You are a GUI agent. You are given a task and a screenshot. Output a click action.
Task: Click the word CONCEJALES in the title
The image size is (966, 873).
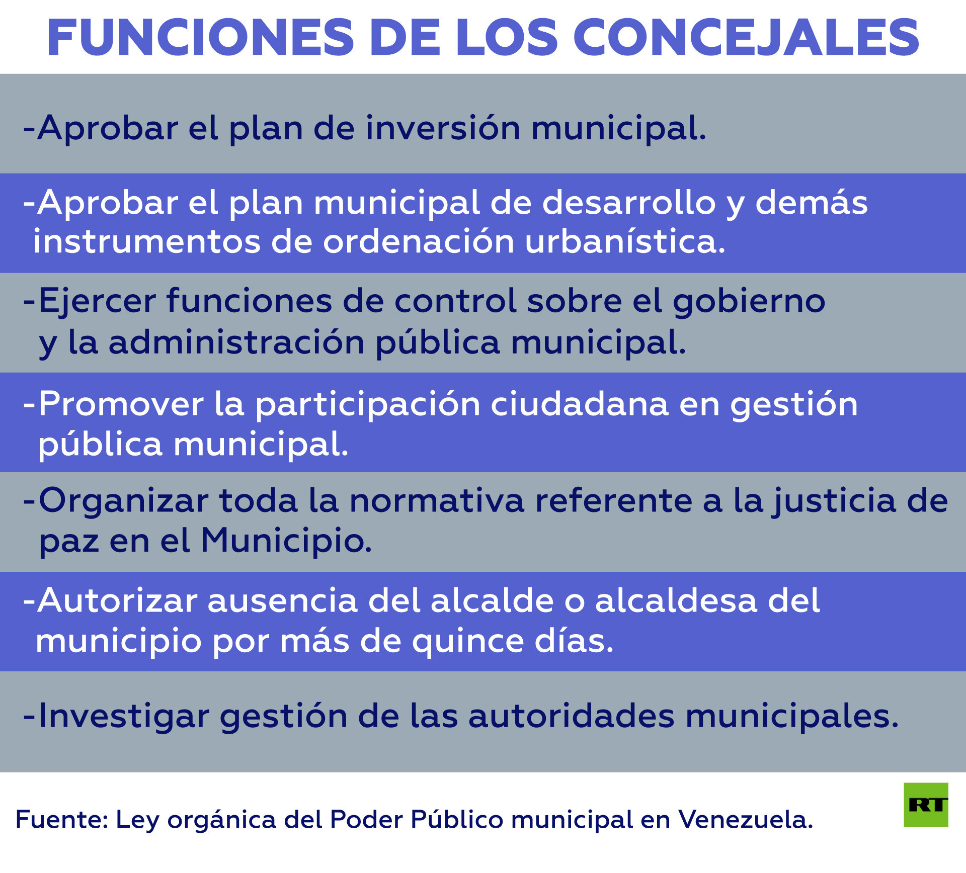(747, 38)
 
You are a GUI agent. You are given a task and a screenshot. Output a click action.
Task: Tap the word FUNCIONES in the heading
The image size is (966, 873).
(201, 38)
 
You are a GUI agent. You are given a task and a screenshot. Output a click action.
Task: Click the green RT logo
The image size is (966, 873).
(926, 805)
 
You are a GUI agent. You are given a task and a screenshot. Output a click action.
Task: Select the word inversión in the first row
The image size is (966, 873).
(443, 128)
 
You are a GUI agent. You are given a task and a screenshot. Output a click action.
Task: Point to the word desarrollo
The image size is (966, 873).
(629, 203)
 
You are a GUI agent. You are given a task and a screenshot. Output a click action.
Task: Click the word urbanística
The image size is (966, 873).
(625, 242)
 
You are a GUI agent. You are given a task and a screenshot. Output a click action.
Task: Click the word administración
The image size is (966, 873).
(236, 342)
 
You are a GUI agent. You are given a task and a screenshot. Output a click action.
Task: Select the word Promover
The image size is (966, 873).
(121, 404)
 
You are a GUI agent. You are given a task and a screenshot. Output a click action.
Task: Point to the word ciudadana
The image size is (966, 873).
(580, 404)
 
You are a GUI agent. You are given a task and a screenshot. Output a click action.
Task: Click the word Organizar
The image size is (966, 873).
(123, 501)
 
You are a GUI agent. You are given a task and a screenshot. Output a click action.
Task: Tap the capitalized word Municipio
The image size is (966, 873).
(286, 541)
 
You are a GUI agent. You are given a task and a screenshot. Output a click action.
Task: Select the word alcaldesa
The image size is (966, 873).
(676, 601)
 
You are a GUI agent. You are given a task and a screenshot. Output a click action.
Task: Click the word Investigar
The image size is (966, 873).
(124, 716)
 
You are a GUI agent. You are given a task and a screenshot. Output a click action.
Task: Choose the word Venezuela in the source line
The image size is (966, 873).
(746, 820)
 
